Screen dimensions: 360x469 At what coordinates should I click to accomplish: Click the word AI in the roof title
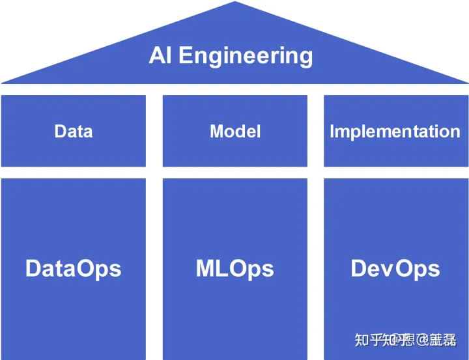[x=161, y=55]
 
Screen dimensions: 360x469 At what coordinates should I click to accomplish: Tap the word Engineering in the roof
[x=246, y=57]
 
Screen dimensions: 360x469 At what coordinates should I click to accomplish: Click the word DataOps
[x=73, y=268]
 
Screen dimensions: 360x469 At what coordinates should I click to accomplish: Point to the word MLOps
[x=234, y=268]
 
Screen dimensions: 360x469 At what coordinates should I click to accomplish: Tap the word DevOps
[x=395, y=268]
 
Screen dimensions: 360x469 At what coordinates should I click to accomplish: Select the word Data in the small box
[x=73, y=132]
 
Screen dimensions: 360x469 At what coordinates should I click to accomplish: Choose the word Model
[x=234, y=132]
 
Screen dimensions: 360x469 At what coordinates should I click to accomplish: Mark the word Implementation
[x=395, y=132]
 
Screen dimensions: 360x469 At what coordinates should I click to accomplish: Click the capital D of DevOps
[x=359, y=268]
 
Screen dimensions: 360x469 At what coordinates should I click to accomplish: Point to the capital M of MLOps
[x=206, y=268]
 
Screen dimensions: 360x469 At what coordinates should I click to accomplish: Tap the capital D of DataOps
[x=34, y=268]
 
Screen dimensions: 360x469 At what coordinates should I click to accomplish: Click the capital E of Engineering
[x=185, y=55]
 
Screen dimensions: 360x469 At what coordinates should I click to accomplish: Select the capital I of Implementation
[x=332, y=131]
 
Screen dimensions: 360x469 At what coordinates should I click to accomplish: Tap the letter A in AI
[x=157, y=55]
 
